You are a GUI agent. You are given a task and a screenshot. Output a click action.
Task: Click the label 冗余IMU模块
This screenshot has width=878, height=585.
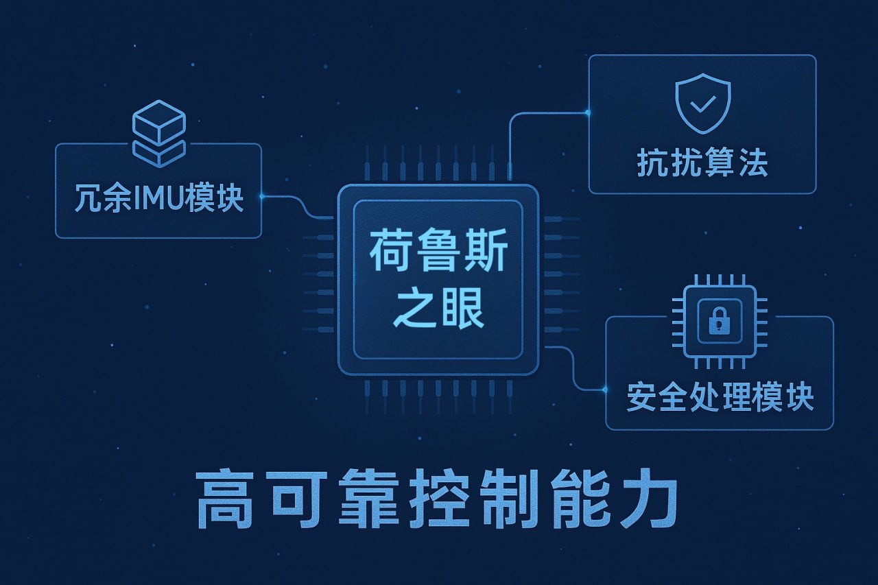(x=158, y=197)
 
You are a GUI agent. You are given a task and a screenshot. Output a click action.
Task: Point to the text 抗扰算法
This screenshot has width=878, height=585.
(x=702, y=163)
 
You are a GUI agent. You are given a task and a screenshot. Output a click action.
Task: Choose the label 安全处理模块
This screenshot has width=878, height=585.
(x=720, y=396)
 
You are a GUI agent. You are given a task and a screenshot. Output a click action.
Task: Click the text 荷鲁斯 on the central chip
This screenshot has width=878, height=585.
(x=438, y=254)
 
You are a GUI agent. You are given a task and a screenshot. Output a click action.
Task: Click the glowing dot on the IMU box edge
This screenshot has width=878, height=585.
(x=261, y=197)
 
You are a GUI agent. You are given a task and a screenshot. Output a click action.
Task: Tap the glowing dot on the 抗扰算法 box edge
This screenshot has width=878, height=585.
(x=589, y=112)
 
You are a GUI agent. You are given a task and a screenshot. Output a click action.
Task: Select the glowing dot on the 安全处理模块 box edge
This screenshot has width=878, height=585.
(x=605, y=390)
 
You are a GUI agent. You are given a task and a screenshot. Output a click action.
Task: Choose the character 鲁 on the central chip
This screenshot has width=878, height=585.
(x=438, y=254)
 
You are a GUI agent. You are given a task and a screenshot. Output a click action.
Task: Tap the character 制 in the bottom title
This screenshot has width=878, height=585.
(x=508, y=499)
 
